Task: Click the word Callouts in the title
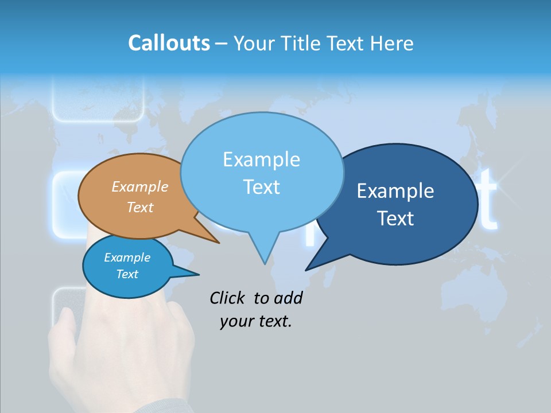coord(169,43)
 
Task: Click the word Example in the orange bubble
coord(140,187)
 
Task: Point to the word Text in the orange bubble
coord(140,207)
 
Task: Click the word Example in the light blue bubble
coord(261,159)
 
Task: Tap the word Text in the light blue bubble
coord(261,187)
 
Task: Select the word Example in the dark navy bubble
coord(395,191)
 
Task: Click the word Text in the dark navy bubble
coord(395,219)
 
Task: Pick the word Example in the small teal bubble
coord(127,258)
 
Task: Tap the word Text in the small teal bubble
coord(127,274)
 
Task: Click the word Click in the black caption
coord(228,298)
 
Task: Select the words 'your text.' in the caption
coord(256,321)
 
